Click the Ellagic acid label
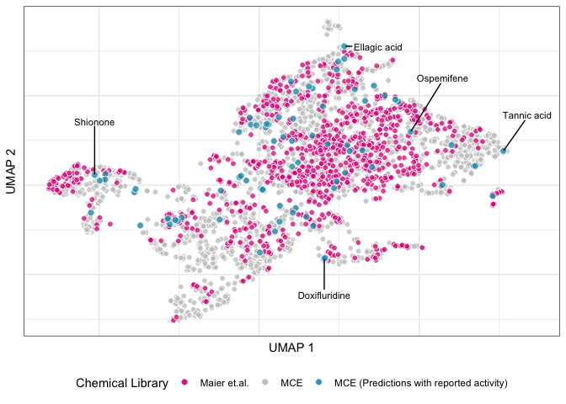tap(378, 47)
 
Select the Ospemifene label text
tap(442, 78)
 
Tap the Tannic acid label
tap(526, 115)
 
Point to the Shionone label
tap(94, 122)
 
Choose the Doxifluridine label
tap(323, 295)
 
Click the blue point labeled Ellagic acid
tap(344, 46)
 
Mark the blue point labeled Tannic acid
tap(504, 151)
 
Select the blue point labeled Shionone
tap(94, 175)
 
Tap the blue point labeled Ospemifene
tap(410, 132)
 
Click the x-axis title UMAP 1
tap(291, 348)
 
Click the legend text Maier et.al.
tap(225, 384)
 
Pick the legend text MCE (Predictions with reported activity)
tap(420, 384)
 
